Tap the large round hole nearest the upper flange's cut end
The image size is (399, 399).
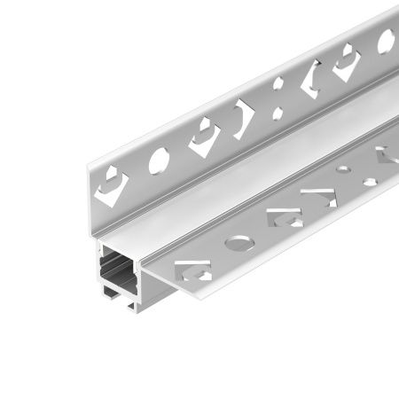click(160, 160)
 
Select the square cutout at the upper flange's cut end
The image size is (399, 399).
click(113, 184)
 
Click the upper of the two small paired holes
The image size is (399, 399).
click(278, 85)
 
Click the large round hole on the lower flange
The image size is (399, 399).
click(237, 241)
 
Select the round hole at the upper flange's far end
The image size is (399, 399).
click(387, 40)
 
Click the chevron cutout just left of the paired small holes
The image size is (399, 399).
click(243, 115)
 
